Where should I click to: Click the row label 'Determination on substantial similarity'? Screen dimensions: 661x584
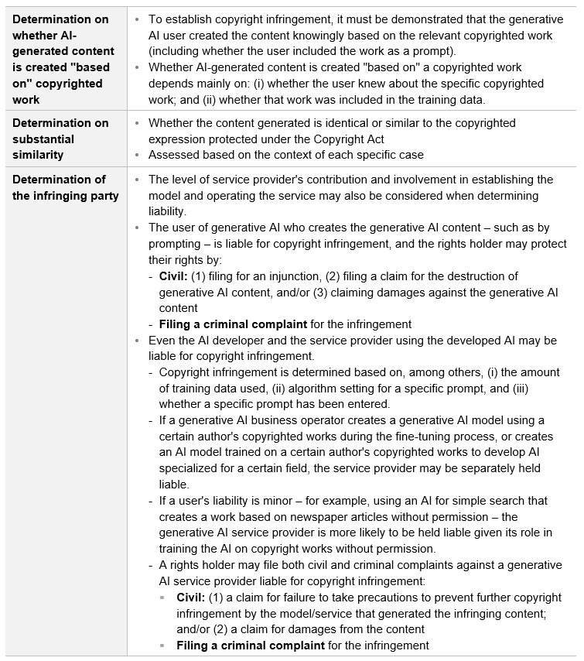[61, 139]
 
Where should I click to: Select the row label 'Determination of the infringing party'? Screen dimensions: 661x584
[66, 187]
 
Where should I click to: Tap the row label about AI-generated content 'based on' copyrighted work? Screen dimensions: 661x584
[61, 59]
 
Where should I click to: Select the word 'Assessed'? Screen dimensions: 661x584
[174, 155]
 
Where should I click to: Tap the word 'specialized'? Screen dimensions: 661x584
[192, 469]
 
